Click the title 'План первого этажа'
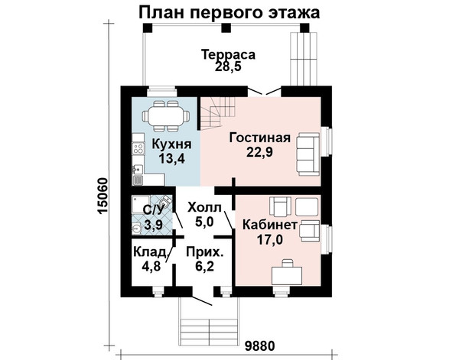[229, 13]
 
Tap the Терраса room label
[228, 54]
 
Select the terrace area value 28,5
[228, 66]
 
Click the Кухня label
[171, 144]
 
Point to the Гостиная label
[260, 138]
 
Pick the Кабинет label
[270, 225]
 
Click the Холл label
[204, 207]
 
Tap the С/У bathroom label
[153, 210]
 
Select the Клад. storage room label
[150, 252]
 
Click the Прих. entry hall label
[204, 252]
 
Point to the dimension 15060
[103, 196]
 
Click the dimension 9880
[260, 346]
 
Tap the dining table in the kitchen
[165, 116]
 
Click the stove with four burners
[138, 148]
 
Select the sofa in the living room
[309, 154]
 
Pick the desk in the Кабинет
[287, 275]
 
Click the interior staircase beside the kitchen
[218, 113]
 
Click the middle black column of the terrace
[226, 28]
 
